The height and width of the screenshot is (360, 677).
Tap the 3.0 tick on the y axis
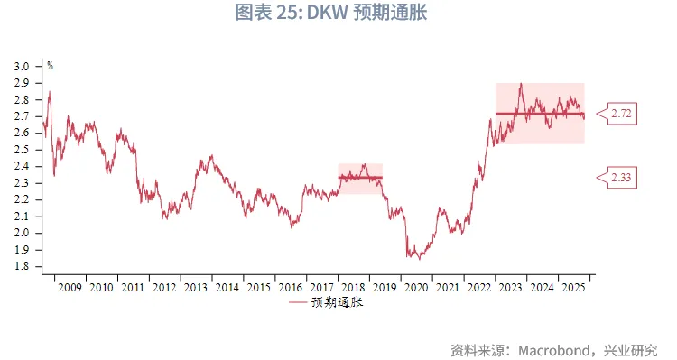(x=23, y=66)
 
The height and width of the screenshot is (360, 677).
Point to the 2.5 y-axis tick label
(x=23, y=150)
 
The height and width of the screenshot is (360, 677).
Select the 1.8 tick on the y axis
(x=23, y=267)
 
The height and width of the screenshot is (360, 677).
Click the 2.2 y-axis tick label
(x=23, y=200)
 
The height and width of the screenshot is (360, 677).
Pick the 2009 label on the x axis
(x=70, y=288)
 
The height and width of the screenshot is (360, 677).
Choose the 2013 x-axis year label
(x=195, y=288)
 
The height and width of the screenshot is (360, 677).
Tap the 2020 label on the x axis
(x=415, y=288)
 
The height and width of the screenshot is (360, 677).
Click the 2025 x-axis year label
(x=572, y=288)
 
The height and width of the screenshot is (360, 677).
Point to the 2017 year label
(x=320, y=288)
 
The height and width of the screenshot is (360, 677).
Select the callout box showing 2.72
(x=622, y=114)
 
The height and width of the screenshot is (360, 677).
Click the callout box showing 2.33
(x=622, y=179)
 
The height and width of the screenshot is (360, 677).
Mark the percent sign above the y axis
(x=51, y=66)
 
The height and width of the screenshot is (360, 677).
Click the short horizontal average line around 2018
(x=359, y=177)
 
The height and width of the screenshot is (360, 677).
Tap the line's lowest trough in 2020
(x=418, y=259)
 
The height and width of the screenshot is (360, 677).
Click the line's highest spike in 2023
(x=521, y=84)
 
